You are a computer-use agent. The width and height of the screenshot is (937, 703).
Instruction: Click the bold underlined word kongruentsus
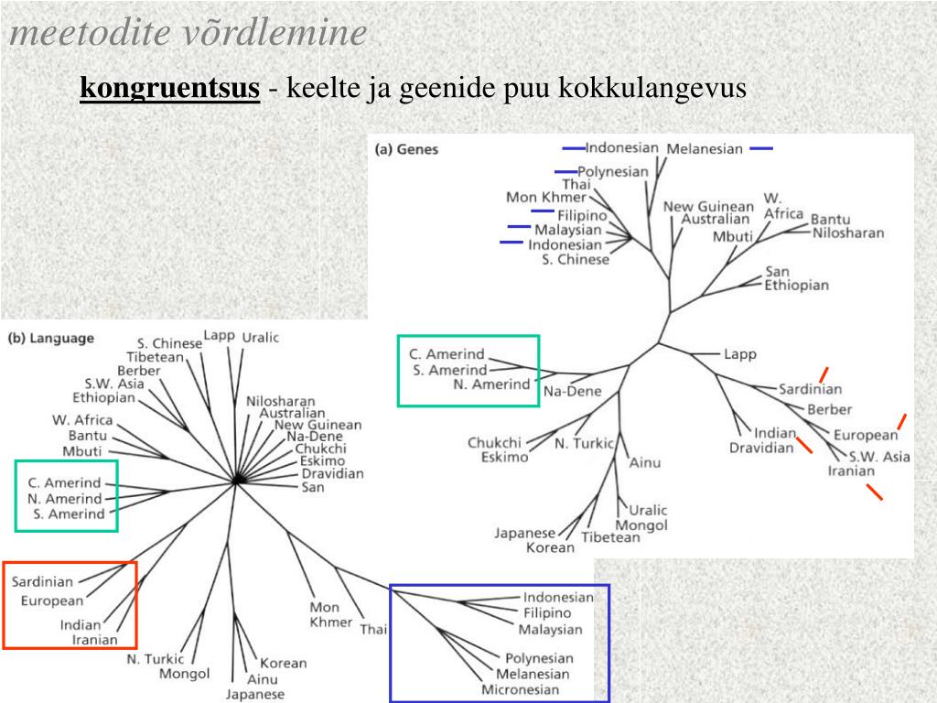(x=169, y=89)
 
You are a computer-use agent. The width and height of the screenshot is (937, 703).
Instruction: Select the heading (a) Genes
(x=407, y=149)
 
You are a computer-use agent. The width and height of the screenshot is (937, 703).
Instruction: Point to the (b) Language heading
(x=51, y=338)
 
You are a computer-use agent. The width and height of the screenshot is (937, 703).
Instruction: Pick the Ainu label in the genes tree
(x=644, y=462)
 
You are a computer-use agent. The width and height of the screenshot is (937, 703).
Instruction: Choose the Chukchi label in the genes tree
(x=494, y=443)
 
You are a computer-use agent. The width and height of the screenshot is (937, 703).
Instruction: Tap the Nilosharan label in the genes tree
(x=848, y=233)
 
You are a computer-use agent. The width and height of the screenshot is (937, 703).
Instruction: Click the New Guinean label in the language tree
(x=318, y=425)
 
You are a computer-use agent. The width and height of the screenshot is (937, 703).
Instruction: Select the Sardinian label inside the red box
(x=42, y=581)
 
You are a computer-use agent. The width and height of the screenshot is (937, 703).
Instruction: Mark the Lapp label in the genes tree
(x=740, y=354)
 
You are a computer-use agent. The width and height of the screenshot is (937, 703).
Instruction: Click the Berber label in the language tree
(x=139, y=371)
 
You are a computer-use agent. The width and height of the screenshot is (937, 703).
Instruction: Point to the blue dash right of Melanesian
(x=760, y=148)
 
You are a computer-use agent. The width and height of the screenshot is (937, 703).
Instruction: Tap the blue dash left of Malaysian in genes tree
(x=519, y=226)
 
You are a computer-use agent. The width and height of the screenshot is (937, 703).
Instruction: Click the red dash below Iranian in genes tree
(x=875, y=492)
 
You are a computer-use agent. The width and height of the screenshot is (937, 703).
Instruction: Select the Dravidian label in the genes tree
(x=761, y=449)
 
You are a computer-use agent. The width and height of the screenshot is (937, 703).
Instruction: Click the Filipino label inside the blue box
(x=547, y=613)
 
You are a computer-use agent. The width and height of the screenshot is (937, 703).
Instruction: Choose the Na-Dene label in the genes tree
(x=573, y=392)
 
